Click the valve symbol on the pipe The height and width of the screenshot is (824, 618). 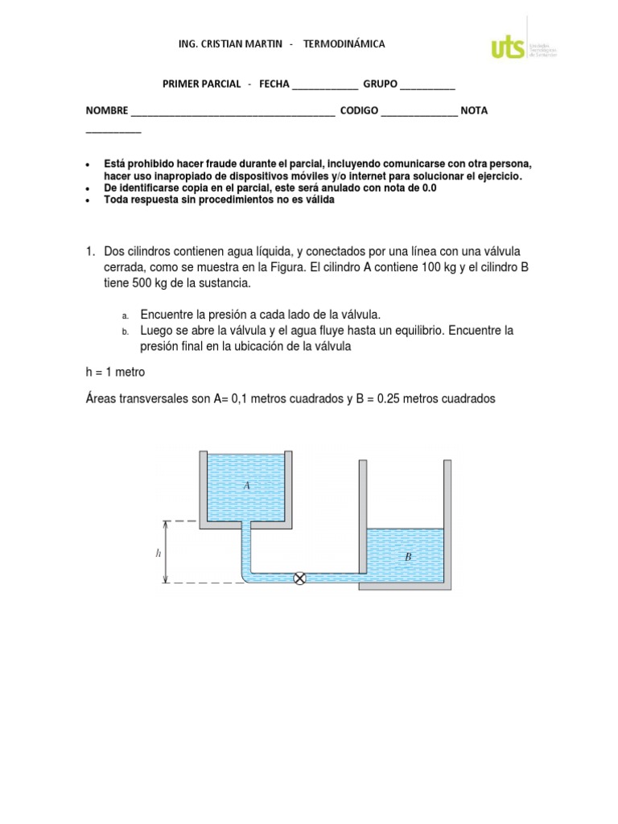[300, 578]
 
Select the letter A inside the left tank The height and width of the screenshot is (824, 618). [247, 485]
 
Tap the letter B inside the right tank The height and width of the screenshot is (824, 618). [408, 556]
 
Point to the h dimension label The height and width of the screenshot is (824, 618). [159, 553]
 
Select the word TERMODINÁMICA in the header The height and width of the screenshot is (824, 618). [344, 44]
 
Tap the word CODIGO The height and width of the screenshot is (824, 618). [359, 110]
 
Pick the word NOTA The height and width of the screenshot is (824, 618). [474, 110]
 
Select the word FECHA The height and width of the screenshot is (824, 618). [274, 84]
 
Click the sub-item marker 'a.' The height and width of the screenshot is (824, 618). [126, 315]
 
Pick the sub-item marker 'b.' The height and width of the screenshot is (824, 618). [126, 332]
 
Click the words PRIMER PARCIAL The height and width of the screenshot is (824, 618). [201, 84]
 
